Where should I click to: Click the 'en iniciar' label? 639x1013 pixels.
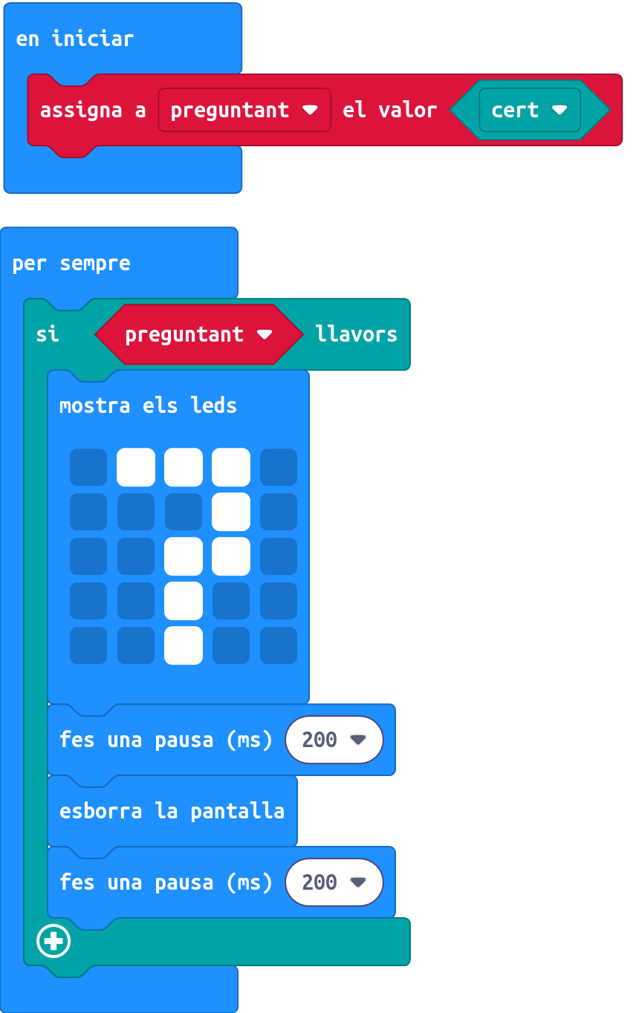tap(74, 39)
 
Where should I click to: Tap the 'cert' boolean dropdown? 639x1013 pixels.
tap(530, 110)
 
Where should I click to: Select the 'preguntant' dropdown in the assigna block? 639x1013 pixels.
tap(244, 110)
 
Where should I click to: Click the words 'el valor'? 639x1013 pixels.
tap(389, 110)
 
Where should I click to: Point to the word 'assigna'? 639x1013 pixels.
tap(81, 111)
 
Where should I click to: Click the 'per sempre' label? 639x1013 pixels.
tap(71, 264)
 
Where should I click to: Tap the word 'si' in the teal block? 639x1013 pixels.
tap(47, 334)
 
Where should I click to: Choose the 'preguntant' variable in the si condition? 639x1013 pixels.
tap(198, 334)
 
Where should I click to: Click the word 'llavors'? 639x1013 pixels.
tap(356, 334)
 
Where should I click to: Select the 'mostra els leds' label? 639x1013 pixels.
tap(148, 405)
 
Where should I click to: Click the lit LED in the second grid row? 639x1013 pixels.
tap(231, 512)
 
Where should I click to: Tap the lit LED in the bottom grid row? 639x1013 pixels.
tap(184, 645)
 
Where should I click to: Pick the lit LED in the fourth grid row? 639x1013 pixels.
tap(184, 601)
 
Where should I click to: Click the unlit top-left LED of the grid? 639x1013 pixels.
tap(88, 467)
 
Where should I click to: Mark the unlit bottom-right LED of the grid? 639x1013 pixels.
tap(279, 645)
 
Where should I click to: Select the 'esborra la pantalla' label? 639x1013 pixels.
tap(172, 811)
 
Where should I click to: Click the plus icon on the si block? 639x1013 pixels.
tap(53, 941)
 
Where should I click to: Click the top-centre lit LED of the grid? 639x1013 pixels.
tap(184, 467)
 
